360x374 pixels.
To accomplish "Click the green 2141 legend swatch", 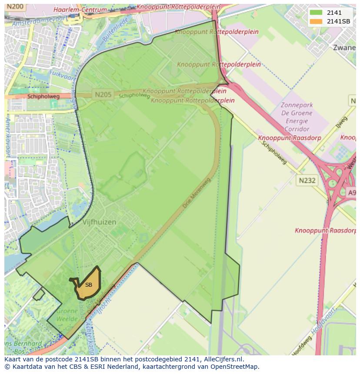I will tap(316, 13).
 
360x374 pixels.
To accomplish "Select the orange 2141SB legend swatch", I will tap(316, 21).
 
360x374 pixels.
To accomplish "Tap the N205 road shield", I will tap(102, 94).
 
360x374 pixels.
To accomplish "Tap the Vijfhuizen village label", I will tap(99, 222).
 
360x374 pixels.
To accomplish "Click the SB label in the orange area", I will tap(89, 285).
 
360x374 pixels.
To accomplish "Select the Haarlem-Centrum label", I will tap(80, 10).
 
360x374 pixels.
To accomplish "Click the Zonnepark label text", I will tap(297, 105).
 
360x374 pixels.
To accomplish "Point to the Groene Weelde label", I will tap(67, 315).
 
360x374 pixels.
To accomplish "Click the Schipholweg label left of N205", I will tap(43, 96).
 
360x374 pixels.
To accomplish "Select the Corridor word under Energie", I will tap(297, 129).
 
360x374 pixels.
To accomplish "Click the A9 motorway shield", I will tap(352, 192).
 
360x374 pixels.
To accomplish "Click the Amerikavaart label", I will tap(8, 136).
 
